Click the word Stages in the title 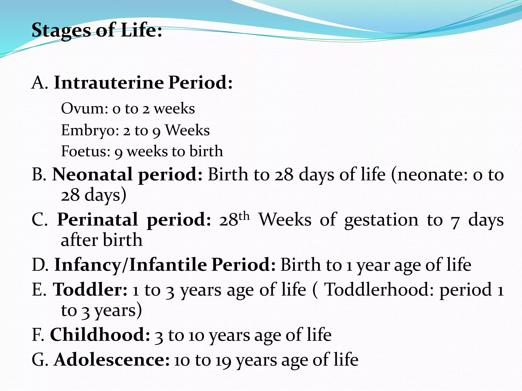61,31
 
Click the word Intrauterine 109,83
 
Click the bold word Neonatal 92,175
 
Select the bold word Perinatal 97,219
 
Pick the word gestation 381,220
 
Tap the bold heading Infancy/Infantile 130,265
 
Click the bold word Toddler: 90,290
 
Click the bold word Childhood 100,335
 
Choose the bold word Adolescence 112,360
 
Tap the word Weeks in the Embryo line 187,131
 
